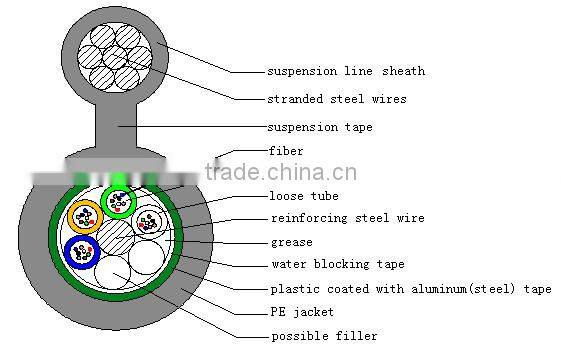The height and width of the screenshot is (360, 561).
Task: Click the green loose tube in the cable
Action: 118,201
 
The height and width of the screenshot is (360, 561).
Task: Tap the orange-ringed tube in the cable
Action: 84,217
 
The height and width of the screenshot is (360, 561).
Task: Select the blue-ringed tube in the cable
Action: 79,253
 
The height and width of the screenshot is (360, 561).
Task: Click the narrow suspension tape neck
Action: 118,125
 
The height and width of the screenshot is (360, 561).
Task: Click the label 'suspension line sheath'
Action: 345,72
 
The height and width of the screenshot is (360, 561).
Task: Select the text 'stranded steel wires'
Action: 336,100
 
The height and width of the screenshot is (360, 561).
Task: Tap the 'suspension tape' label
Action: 320,128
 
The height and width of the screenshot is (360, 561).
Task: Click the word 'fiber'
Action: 287,151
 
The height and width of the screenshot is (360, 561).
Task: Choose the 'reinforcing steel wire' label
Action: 347,218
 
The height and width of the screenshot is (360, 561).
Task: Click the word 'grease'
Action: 292,242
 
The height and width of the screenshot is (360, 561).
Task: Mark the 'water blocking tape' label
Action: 338,265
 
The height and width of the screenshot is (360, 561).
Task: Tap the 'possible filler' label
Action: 324,336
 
